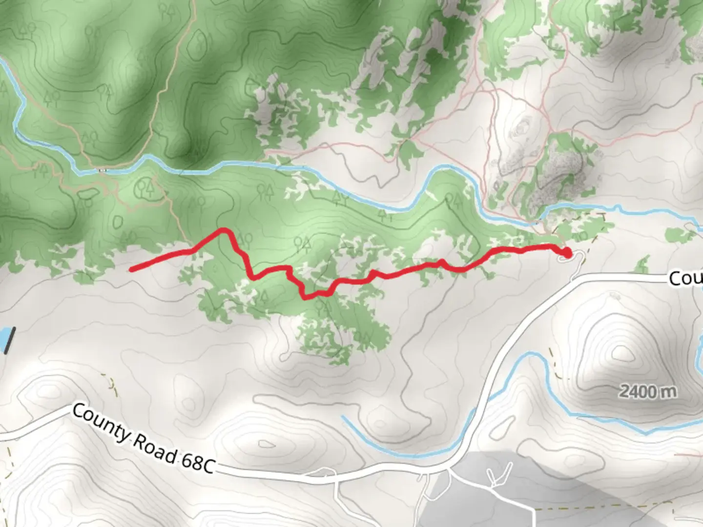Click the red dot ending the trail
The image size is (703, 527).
pos(566,253)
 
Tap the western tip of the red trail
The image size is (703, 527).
pos(131,269)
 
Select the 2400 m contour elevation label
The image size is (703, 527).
pos(647,391)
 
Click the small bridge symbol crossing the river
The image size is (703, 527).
pos(103,170)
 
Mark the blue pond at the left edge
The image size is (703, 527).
pos(3,339)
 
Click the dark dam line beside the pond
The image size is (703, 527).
pos(11,339)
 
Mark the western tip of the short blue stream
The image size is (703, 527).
pos(343,417)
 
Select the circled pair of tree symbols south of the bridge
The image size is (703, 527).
pos(145,187)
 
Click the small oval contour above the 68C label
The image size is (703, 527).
pos(267,445)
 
